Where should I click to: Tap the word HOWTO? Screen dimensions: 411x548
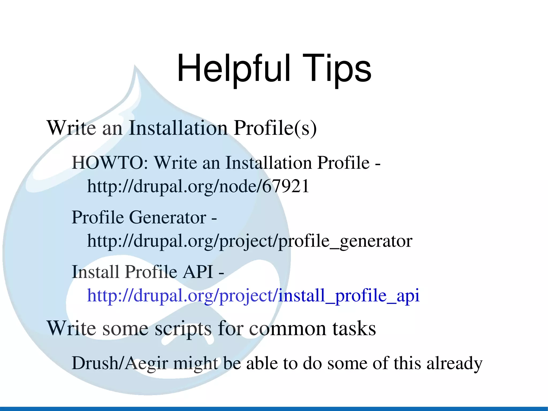[110, 163]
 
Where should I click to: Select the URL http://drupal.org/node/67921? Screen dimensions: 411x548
[198, 186]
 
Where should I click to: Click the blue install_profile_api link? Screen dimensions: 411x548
[253, 296]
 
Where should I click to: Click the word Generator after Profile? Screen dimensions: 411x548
[168, 217]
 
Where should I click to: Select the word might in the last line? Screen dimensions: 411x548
[195, 364]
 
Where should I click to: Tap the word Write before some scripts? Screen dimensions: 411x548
[71, 329]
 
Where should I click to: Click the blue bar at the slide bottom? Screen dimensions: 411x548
[274, 409]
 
